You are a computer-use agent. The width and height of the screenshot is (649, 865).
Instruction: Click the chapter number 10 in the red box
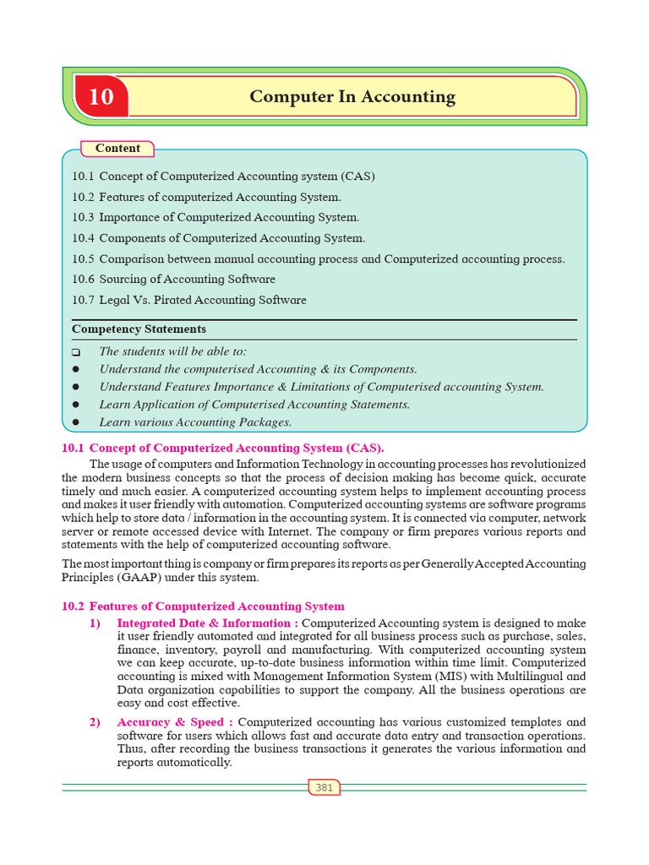[x=101, y=97]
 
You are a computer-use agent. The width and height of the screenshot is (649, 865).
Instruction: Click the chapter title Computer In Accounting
[x=352, y=97]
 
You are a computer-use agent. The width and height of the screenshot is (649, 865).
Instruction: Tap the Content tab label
[x=117, y=149]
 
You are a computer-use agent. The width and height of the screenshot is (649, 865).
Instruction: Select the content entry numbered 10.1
[x=223, y=177]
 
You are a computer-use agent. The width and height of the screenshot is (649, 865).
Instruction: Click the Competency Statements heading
[x=139, y=329]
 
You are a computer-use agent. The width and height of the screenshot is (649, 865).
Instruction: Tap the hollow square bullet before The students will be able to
[x=76, y=352]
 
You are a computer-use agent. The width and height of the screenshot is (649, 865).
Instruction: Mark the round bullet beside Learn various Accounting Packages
[x=76, y=422]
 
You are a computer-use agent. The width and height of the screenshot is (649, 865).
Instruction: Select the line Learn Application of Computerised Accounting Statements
[x=254, y=405]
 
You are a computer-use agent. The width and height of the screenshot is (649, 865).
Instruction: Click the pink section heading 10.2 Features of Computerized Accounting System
[x=204, y=607]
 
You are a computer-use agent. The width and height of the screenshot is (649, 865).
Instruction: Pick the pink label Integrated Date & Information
[x=202, y=623]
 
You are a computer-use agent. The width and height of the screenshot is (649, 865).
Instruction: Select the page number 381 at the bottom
[x=324, y=787]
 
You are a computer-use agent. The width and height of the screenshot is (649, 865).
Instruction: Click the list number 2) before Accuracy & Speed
[x=95, y=722]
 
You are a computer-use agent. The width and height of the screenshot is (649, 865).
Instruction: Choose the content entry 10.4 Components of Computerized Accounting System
[x=219, y=238]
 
